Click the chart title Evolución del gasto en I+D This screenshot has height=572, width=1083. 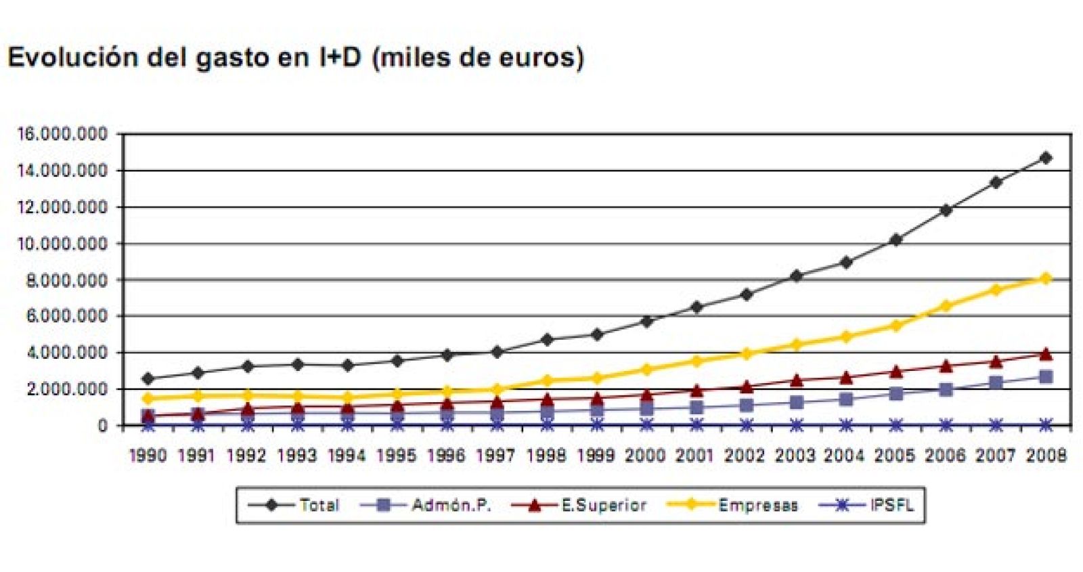coord(295,58)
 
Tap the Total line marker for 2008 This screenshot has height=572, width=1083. coord(1045,158)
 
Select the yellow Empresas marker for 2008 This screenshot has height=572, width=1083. coord(1045,278)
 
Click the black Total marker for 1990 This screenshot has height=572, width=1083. coord(148,378)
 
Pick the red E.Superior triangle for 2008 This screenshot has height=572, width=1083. coord(1045,353)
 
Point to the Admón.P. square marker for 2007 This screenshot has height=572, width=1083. coord(995,383)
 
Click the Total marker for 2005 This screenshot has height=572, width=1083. coord(896,240)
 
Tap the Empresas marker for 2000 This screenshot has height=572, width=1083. coord(646,370)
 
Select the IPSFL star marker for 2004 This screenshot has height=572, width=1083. coord(846,425)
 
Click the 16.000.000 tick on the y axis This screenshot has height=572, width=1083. coord(62,134)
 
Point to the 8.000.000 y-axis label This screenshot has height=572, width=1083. coord(66,280)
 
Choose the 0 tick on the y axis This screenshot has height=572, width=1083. coord(102,426)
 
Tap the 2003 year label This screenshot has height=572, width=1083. coord(795,456)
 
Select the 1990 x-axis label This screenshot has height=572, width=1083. coord(148,456)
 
